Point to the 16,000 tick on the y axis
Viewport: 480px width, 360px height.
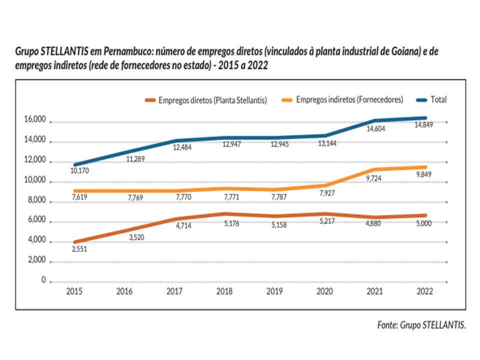pyautogui.click(x=34, y=120)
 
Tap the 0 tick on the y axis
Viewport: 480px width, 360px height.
pyautogui.click(x=43, y=280)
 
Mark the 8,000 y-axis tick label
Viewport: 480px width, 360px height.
pyautogui.click(x=36, y=200)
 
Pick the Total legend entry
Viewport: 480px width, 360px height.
pyautogui.click(x=438, y=99)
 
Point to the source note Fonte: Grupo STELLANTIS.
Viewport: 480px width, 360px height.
pyautogui.click(x=421, y=325)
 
